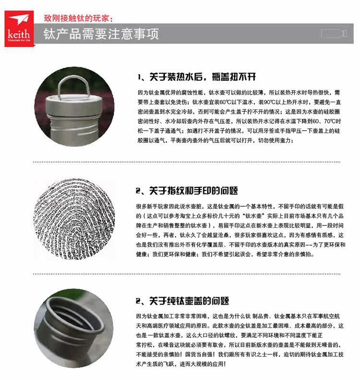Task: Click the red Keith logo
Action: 19,28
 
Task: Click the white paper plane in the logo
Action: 19,19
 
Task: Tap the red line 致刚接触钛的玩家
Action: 78,18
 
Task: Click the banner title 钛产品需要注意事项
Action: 101,34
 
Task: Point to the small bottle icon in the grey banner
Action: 334,34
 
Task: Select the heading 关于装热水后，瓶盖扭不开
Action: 203,77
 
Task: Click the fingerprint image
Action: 74,219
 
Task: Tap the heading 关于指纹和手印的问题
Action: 193,190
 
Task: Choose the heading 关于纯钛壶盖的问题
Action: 189,301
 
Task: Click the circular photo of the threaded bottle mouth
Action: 73,328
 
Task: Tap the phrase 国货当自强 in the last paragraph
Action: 199,354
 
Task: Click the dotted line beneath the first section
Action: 187,162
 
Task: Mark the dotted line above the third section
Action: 187,274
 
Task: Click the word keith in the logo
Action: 19,34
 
